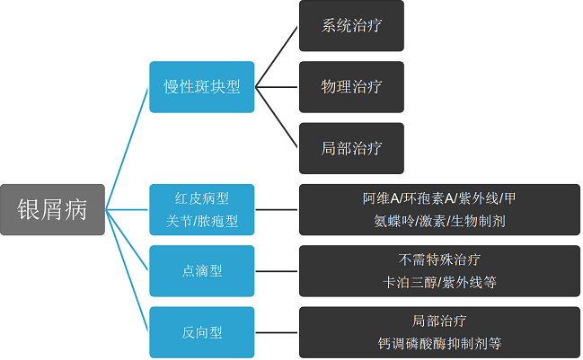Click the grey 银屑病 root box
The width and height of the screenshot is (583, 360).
[x=52, y=210]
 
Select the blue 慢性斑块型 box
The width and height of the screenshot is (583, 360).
[x=202, y=86]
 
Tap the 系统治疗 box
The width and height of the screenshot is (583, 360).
[x=351, y=26]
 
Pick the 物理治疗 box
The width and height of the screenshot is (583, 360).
[x=351, y=87]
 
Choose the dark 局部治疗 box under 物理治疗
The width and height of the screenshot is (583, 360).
[x=351, y=148]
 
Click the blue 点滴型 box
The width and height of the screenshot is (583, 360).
[x=202, y=270]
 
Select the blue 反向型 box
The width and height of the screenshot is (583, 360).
[x=202, y=332]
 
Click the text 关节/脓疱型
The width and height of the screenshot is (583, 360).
[x=202, y=220]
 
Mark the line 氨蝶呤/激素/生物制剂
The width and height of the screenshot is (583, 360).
[x=439, y=220]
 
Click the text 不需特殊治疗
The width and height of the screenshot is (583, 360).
[x=439, y=260]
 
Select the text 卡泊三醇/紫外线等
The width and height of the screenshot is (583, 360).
[x=439, y=281]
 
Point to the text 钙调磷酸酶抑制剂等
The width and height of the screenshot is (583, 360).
[x=439, y=343]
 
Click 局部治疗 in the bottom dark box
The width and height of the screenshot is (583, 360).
[x=439, y=321]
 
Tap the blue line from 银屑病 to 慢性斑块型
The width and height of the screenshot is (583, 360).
[x=128, y=148]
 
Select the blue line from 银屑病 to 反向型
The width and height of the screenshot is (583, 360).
[x=128, y=271]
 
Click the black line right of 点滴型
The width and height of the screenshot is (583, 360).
[x=277, y=270]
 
